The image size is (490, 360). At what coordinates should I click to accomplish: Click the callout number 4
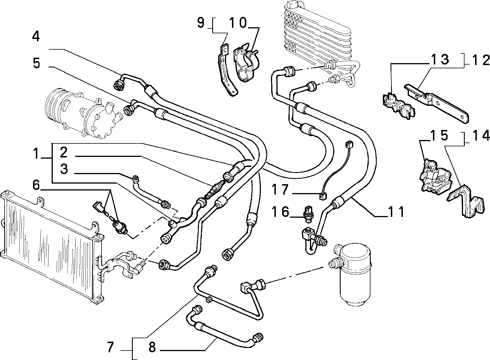36,36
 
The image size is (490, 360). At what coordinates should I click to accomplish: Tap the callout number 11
396,212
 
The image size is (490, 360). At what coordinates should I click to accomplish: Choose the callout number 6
36,185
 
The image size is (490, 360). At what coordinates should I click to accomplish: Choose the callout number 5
36,63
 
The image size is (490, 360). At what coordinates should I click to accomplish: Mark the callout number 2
64,153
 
